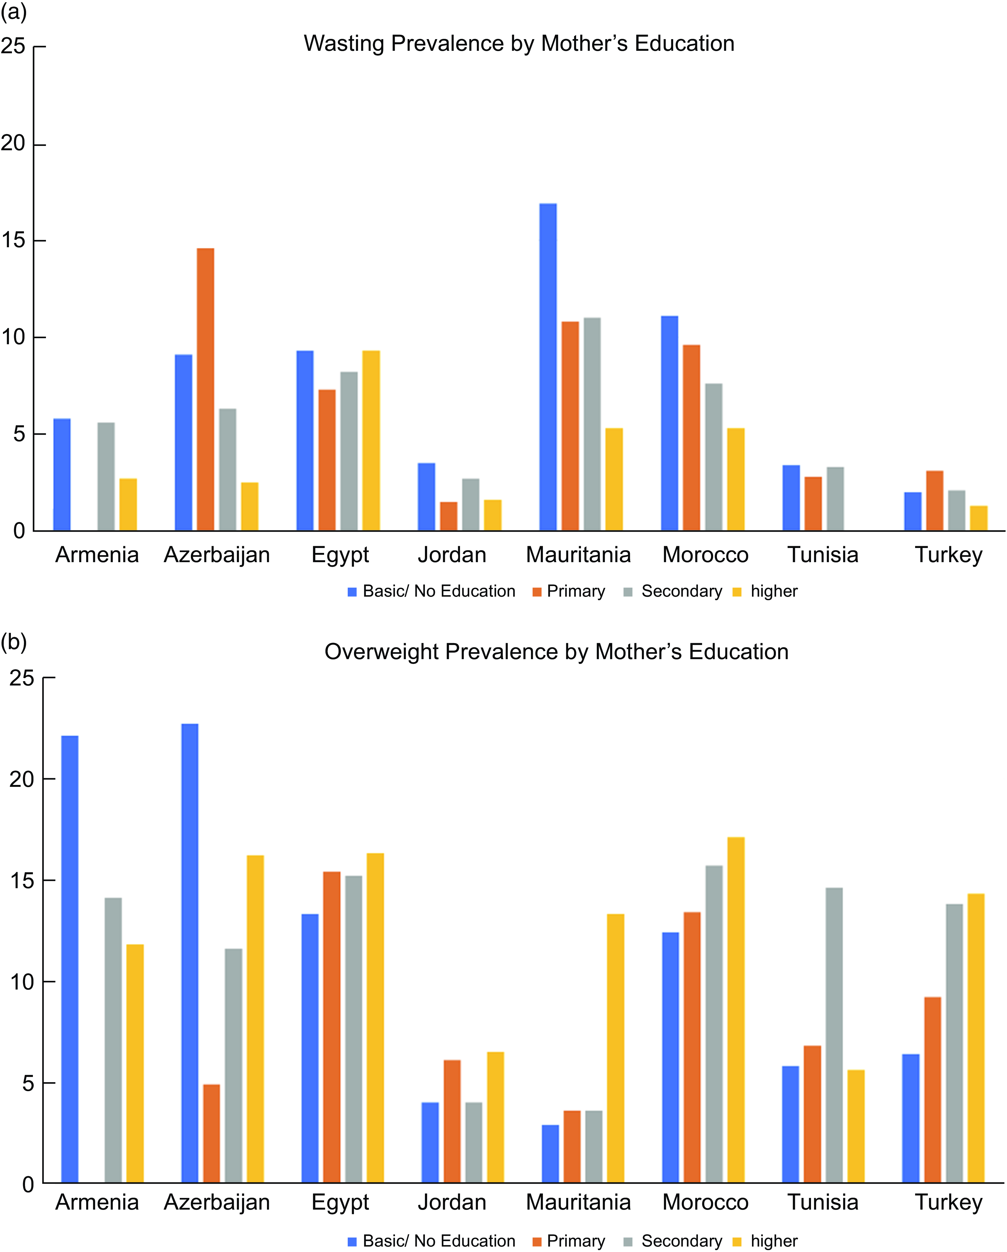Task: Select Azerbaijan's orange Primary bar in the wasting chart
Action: click(x=205, y=389)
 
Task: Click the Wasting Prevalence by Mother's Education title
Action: click(x=519, y=43)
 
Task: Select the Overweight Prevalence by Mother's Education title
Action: click(x=556, y=652)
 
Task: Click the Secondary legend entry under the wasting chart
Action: click(x=681, y=591)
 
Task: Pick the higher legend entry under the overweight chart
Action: click(x=773, y=1241)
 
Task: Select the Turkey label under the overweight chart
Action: click(x=948, y=1202)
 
